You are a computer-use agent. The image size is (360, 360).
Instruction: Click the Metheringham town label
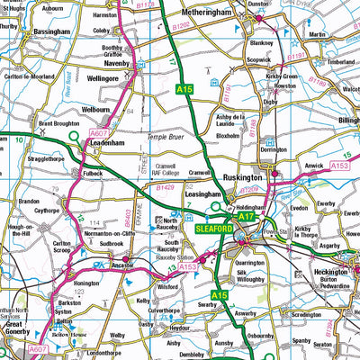(204, 15)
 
